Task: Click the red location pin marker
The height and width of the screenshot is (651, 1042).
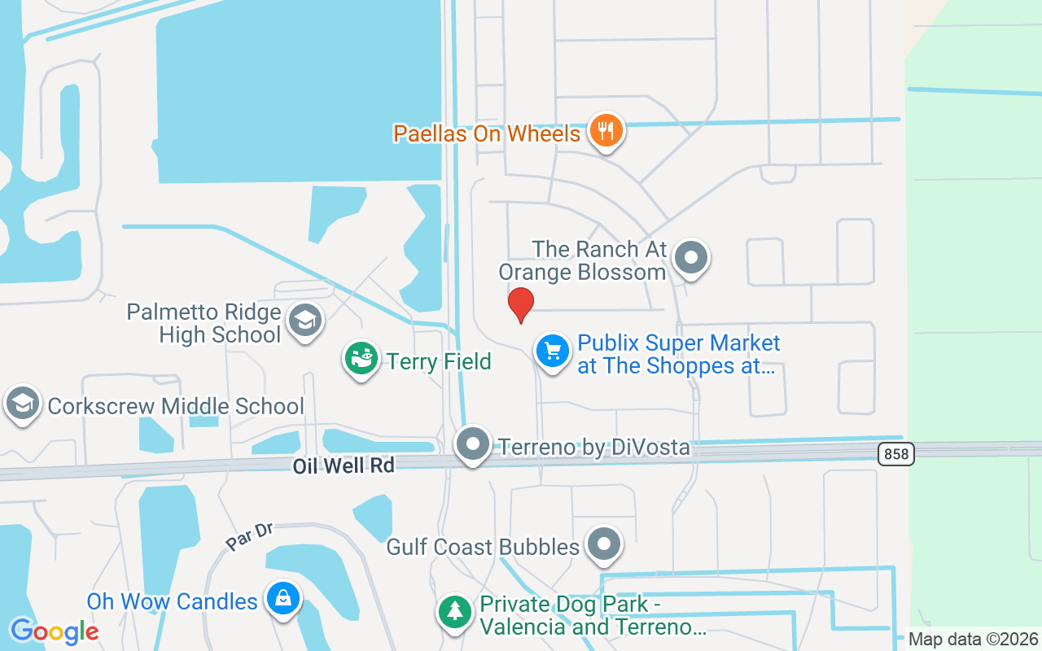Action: point(521,304)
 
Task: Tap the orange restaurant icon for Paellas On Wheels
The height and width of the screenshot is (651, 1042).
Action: point(605,130)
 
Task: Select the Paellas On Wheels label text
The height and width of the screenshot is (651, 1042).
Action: point(487,133)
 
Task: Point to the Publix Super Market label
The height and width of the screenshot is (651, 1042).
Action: point(678,355)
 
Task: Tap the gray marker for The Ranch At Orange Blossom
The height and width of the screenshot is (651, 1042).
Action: point(692,258)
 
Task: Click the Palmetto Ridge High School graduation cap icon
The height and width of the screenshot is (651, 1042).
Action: point(306,320)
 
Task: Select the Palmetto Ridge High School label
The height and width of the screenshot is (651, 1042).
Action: point(204,323)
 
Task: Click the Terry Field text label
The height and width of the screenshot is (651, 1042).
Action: point(439,361)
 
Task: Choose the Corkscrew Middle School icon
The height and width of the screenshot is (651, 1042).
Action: point(23,403)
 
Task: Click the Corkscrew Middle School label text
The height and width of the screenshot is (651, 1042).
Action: point(176,406)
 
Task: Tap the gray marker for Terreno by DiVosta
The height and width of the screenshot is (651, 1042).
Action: point(473,445)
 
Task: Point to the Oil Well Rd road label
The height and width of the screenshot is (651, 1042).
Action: point(344,465)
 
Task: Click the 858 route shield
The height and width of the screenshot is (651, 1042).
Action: point(896,454)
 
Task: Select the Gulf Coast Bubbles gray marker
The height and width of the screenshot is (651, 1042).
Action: point(604,544)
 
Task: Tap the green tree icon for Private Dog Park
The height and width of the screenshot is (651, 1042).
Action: point(454,611)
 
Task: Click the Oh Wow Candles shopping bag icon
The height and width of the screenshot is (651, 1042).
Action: point(282,599)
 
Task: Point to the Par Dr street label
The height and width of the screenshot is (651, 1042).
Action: point(249,536)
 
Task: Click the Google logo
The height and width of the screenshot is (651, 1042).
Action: point(54,631)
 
